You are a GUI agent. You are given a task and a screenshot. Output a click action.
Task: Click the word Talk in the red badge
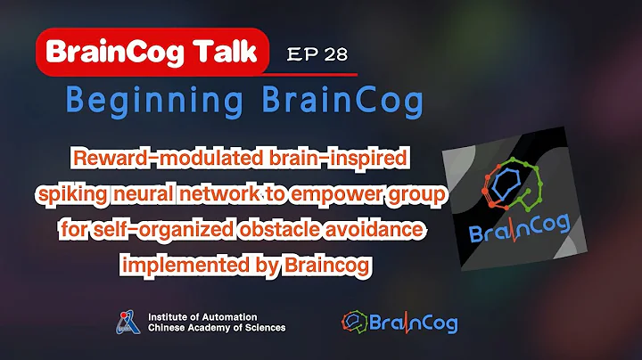[226, 52]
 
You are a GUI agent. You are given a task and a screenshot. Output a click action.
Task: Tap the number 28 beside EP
[336, 54]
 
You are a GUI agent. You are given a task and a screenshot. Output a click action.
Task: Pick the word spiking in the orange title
[72, 194]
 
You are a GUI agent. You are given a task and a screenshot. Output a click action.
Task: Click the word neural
[144, 193]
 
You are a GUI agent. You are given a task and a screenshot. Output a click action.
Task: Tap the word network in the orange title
[220, 193]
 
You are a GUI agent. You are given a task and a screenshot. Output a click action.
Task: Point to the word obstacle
[279, 229]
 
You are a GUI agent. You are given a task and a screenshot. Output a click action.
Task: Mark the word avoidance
[374, 229]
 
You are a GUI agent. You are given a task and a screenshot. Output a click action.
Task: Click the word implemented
[185, 265]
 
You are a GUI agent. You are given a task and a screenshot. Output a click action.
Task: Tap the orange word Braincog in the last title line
[327, 265]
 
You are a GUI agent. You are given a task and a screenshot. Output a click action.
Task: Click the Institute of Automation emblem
[128, 323]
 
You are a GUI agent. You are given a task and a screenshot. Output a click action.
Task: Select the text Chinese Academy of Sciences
[217, 328]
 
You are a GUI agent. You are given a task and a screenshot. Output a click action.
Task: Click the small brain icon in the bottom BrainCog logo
[355, 322]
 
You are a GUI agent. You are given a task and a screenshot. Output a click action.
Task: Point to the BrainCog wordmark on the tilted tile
[520, 229]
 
